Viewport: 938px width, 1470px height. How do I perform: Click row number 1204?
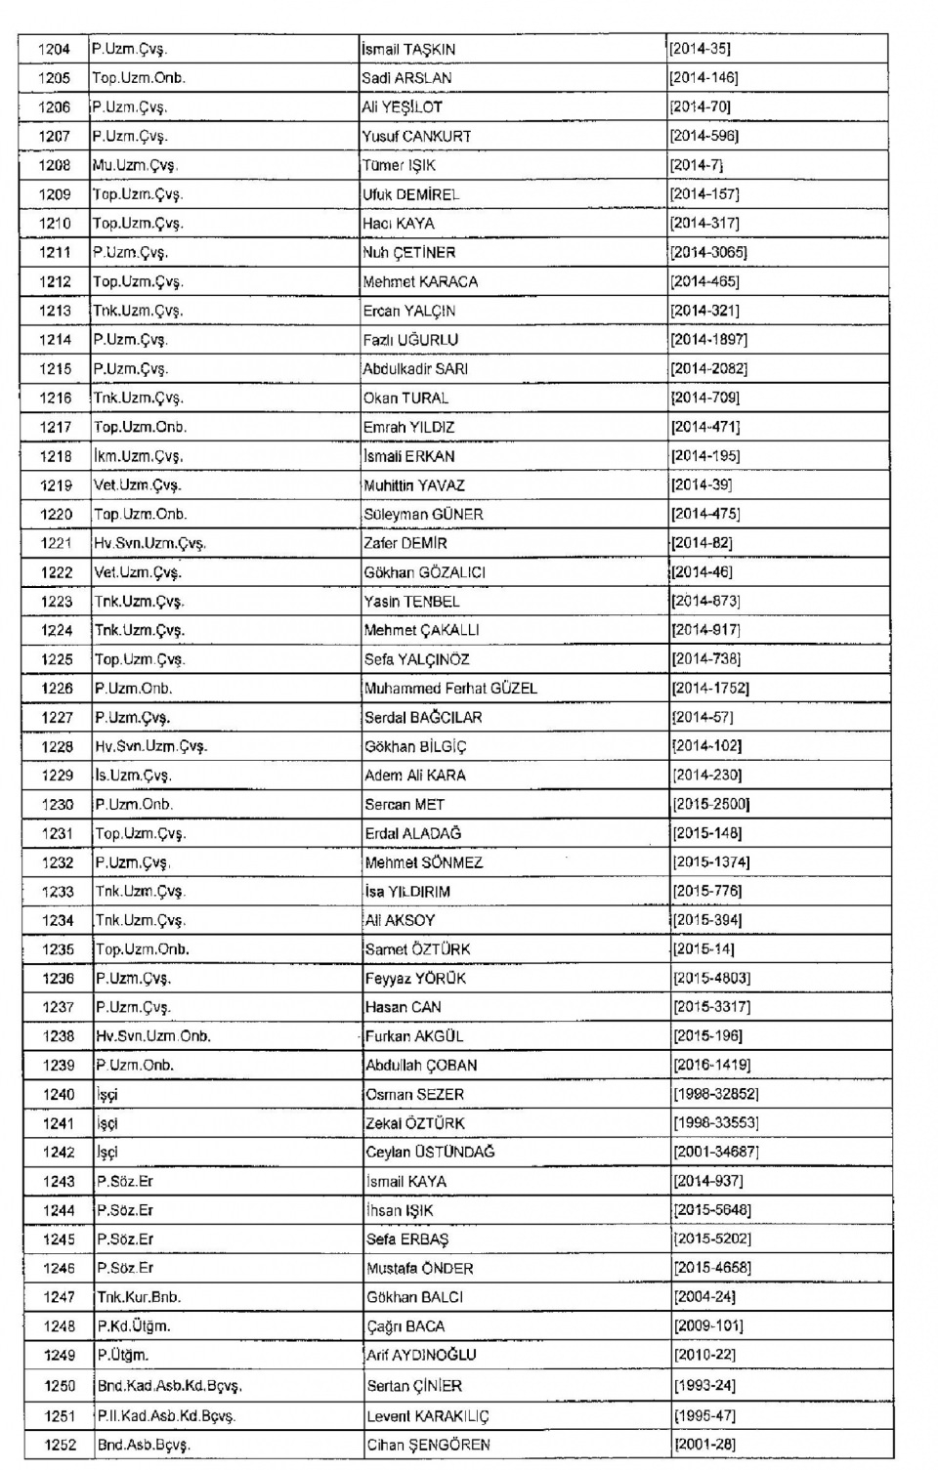click(x=54, y=49)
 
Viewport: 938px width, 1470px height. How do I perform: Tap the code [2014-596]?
click(x=703, y=136)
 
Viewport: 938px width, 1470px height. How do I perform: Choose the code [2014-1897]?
click(x=708, y=340)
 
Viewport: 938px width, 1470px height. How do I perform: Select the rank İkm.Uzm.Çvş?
click(x=138, y=456)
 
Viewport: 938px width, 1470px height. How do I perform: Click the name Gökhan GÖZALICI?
click(x=424, y=572)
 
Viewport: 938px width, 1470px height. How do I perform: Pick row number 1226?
click(x=58, y=689)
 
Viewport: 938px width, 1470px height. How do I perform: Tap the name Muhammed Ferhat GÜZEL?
click(x=450, y=689)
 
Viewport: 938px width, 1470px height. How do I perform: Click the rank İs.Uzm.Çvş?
click(x=133, y=776)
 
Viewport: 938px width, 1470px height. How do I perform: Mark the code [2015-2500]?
click(x=710, y=805)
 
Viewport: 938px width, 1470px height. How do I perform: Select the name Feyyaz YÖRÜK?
click(x=415, y=979)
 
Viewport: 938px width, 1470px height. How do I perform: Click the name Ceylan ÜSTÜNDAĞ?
click(x=430, y=1153)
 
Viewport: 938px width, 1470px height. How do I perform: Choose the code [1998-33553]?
click(x=715, y=1123)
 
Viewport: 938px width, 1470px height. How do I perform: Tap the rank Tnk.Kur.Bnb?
click(x=139, y=1297)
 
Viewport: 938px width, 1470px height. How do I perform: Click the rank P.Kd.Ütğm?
click(x=134, y=1326)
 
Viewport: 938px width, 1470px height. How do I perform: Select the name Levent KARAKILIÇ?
click(x=428, y=1416)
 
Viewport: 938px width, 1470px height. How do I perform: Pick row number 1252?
click(x=60, y=1445)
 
